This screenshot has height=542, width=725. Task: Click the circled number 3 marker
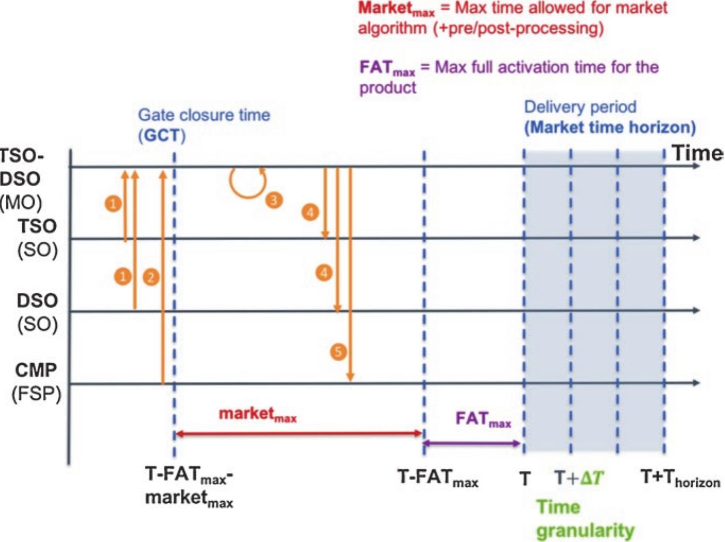(x=274, y=200)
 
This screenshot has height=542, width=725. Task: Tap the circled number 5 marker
(x=338, y=352)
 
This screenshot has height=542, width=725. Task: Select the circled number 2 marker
(x=151, y=277)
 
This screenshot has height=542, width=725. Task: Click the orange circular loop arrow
(x=247, y=182)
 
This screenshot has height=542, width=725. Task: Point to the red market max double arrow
(x=299, y=434)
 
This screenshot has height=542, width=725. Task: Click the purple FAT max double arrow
(x=471, y=443)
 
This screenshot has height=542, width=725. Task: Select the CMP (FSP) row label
(x=36, y=382)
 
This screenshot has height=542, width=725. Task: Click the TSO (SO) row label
(x=37, y=238)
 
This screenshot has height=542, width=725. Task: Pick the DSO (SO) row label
(x=37, y=312)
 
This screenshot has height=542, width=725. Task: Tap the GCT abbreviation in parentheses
(x=162, y=136)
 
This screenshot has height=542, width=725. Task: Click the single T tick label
(x=525, y=479)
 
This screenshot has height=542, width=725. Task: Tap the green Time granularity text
(x=584, y=519)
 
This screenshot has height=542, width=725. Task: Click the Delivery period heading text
(x=580, y=107)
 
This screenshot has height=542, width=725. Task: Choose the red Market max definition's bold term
(x=396, y=9)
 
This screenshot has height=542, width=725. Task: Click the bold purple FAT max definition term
(x=387, y=68)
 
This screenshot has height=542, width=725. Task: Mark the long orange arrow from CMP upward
(x=163, y=276)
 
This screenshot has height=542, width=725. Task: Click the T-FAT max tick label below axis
(x=438, y=478)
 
